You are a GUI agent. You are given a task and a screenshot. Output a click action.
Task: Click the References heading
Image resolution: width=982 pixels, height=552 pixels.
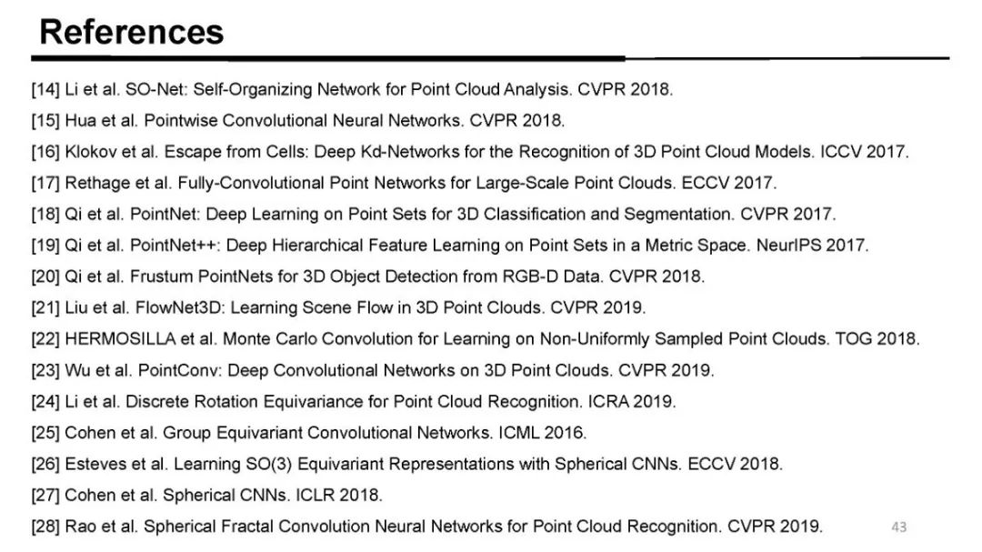(131, 32)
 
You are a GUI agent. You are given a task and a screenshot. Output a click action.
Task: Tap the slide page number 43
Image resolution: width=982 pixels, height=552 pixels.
(899, 527)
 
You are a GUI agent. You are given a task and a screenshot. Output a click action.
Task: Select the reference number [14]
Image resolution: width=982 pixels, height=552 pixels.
(45, 90)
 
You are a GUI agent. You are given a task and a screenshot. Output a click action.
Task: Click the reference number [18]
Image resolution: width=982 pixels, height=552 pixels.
(45, 215)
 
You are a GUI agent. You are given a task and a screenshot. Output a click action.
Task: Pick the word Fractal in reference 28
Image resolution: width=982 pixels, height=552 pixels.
(249, 526)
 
